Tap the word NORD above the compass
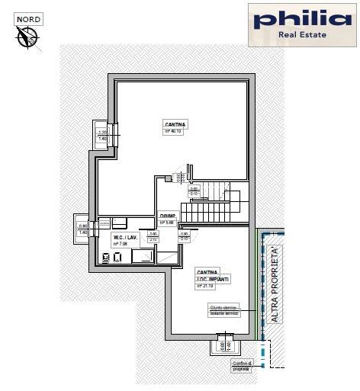tap(31, 18)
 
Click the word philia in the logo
tap(304, 21)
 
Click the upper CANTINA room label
tap(175, 123)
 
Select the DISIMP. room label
tap(168, 216)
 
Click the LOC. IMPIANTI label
tap(213, 279)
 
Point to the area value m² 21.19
tap(211, 286)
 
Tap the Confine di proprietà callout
tap(243, 367)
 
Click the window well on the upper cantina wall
tap(102, 133)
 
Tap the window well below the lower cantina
tap(224, 345)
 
